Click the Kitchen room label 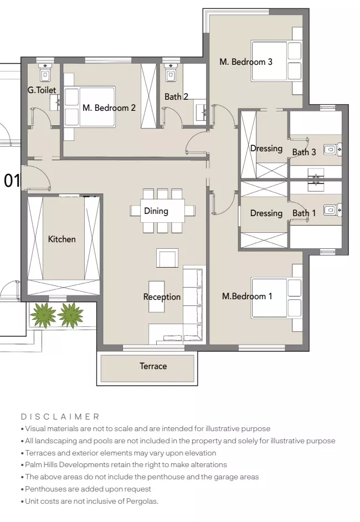[61, 239]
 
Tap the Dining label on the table [156, 211]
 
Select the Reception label [162, 297]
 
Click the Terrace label [153, 366]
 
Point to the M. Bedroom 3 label [246, 62]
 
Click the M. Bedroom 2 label [109, 108]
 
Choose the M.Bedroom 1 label [247, 296]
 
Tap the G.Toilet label [42, 90]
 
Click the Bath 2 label [176, 97]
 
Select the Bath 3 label [304, 152]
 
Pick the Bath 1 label [304, 213]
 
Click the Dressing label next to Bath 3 [266, 149]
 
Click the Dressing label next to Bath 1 [266, 213]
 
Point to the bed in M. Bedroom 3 [275, 61]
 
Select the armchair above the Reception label [167, 258]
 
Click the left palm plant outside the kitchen [43, 314]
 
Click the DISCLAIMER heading [60, 416]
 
